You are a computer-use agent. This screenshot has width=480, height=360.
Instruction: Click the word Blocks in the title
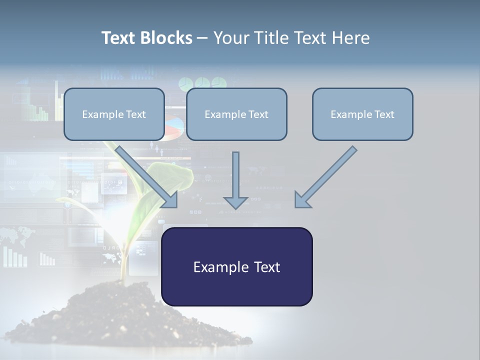pyautogui.click(x=167, y=38)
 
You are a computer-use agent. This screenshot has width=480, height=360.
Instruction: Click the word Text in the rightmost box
pyautogui.click(x=384, y=114)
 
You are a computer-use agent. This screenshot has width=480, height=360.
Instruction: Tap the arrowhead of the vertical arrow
pyautogui.click(x=235, y=202)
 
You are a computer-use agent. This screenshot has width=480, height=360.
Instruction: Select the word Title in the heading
pyautogui.click(x=275, y=38)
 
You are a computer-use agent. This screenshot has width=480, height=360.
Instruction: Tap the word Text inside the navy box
pyautogui.click(x=267, y=267)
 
